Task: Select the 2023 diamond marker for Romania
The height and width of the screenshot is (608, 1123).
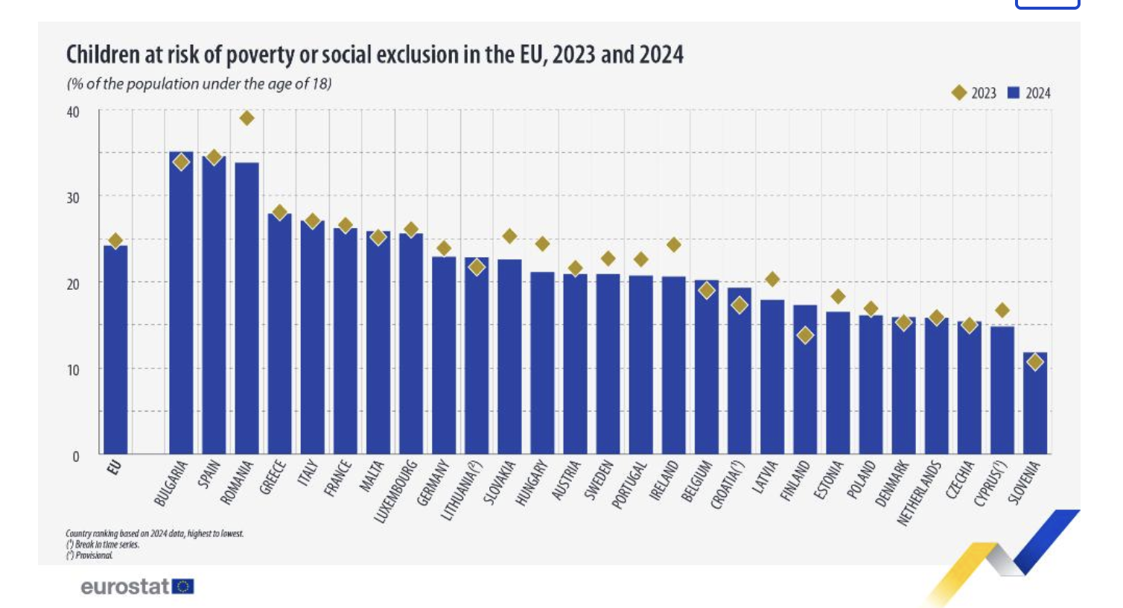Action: (x=246, y=118)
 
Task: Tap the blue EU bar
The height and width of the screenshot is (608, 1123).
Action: (x=115, y=350)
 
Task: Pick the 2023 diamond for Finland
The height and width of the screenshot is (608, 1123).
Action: (x=804, y=335)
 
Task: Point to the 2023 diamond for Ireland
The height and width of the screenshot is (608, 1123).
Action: (x=673, y=244)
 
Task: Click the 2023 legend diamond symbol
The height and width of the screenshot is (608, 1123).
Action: (x=959, y=93)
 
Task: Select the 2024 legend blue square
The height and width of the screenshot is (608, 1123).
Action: (x=1013, y=93)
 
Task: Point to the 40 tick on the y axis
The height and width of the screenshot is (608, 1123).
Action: (x=73, y=113)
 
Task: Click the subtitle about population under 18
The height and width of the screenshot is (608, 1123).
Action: (x=199, y=83)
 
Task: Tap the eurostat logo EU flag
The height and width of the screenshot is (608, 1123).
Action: (x=183, y=586)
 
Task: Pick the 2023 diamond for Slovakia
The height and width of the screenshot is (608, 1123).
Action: (x=509, y=236)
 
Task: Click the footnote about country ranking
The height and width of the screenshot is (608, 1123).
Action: (x=154, y=533)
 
